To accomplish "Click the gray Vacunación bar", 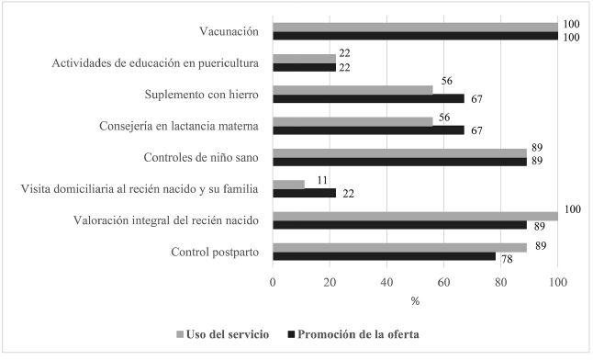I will [x=415, y=27].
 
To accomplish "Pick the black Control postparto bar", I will [x=384, y=255].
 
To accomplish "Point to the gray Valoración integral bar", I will [x=415, y=215].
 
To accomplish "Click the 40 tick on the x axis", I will [x=386, y=283].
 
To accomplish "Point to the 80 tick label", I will [x=500, y=283].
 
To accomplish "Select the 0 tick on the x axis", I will [x=273, y=283].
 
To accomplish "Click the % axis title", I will [x=415, y=300].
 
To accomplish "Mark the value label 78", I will [x=505, y=260].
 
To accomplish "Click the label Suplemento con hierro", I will [x=202, y=95].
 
